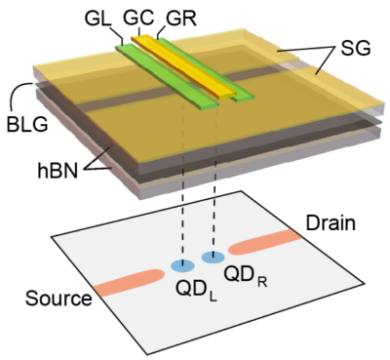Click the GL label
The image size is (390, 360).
pyautogui.click(x=97, y=19)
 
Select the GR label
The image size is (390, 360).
pyautogui.click(x=181, y=19)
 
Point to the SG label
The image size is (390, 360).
pyautogui.click(x=355, y=49)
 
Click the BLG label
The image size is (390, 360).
pyautogui.click(x=27, y=125)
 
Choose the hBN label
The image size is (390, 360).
pyautogui.click(x=58, y=171)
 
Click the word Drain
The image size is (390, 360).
pyautogui.click(x=331, y=223)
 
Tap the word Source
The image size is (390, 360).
pyautogui.click(x=58, y=299)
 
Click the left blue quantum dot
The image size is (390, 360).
pyautogui.click(x=182, y=265)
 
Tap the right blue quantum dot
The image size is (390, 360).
pyautogui.click(x=213, y=258)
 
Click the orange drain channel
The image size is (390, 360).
pyautogui.click(x=265, y=242)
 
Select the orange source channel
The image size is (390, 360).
pyautogui.click(x=129, y=283)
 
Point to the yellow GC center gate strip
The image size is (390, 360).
pyautogui.click(x=183, y=66)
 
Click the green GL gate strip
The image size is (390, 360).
pyautogui.click(x=167, y=76)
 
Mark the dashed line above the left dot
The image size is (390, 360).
pyautogui.click(x=183, y=183)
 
